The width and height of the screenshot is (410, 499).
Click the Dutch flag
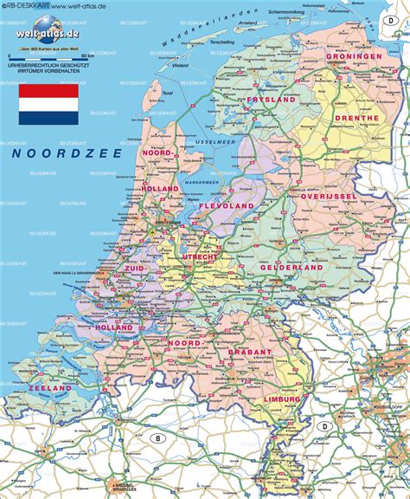(x=48, y=103)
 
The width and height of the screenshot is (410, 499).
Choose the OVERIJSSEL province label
(x=330, y=196)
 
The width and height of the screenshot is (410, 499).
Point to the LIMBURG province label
(x=283, y=399)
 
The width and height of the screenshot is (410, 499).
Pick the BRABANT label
(x=251, y=353)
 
